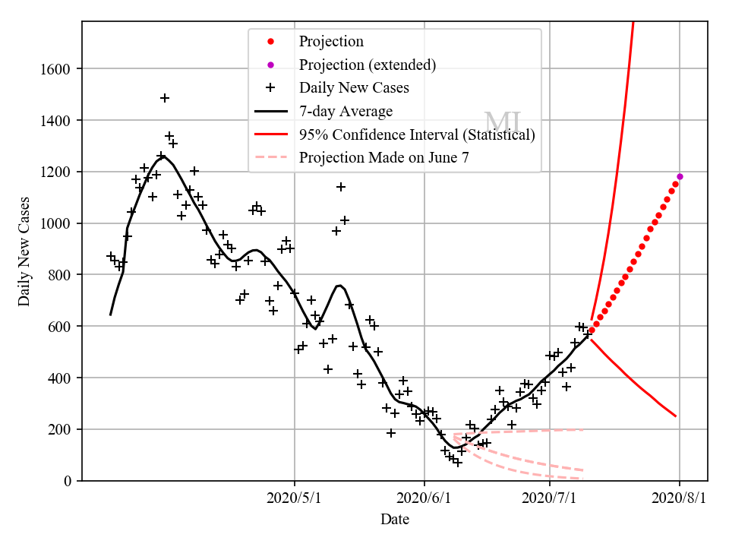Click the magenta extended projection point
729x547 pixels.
680,176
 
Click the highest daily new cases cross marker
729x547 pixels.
165,98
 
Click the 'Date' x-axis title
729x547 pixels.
395,520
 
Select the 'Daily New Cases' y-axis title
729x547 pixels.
24,251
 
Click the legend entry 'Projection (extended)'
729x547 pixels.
368,65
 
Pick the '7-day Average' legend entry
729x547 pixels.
346,112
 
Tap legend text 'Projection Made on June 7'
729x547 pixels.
383,158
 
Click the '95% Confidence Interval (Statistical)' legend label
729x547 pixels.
417,135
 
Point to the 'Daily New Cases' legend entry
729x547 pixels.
354,88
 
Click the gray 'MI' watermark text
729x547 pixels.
503,123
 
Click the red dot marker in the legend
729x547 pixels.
270,42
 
